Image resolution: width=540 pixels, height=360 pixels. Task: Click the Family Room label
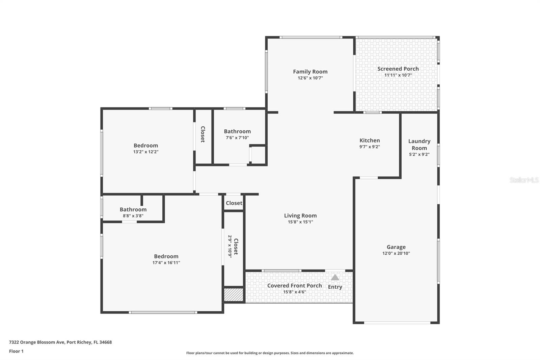click(x=310, y=72)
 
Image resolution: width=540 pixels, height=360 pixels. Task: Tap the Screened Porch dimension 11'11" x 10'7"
click(x=398, y=75)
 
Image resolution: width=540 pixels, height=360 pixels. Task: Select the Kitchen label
click(x=370, y=140)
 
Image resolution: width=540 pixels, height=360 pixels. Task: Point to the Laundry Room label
click(x=419, y=145)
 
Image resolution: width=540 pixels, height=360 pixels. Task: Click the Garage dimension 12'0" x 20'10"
click(x=396, y=253)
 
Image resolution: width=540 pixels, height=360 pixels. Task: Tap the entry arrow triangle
click(x=335, y=278)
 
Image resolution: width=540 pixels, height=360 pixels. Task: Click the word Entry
click(x=335, y=287)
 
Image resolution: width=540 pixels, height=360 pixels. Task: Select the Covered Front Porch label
click(x=294, y=286)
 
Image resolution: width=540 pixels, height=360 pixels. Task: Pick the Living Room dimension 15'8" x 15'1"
click(x=300, y=222)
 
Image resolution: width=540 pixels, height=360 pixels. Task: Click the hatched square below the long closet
click(x=234, y=294)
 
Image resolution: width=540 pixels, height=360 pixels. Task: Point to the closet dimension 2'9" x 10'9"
click(x=230, y=247)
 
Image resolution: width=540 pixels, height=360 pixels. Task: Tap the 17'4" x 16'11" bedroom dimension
click(x=166, y=263)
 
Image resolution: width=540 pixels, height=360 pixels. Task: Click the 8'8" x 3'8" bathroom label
click(x=133, y=210)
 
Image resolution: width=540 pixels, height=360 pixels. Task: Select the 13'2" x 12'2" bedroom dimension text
click(x=145, y=152)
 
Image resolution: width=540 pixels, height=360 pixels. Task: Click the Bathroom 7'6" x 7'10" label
click(x=237, y=132)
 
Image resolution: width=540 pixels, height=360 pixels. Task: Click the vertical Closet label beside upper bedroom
click(x=203, y=134)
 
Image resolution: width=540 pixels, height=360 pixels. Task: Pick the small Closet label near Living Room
click(x=234, y=203)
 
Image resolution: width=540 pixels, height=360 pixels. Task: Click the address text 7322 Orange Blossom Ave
click(x=37, y=342)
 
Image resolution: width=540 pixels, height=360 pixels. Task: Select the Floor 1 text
click(x=16, y=351)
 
